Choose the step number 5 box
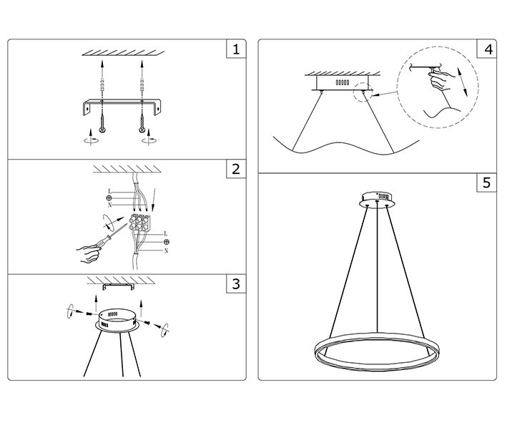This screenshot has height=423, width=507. (488, 183)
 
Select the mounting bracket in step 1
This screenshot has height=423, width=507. (124, 104)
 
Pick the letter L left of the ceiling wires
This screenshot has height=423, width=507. (109, 190)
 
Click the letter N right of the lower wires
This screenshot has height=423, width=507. (166, 251)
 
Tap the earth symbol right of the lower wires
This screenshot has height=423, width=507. (166, 242)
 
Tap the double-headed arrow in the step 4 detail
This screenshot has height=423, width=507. (463, 82)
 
